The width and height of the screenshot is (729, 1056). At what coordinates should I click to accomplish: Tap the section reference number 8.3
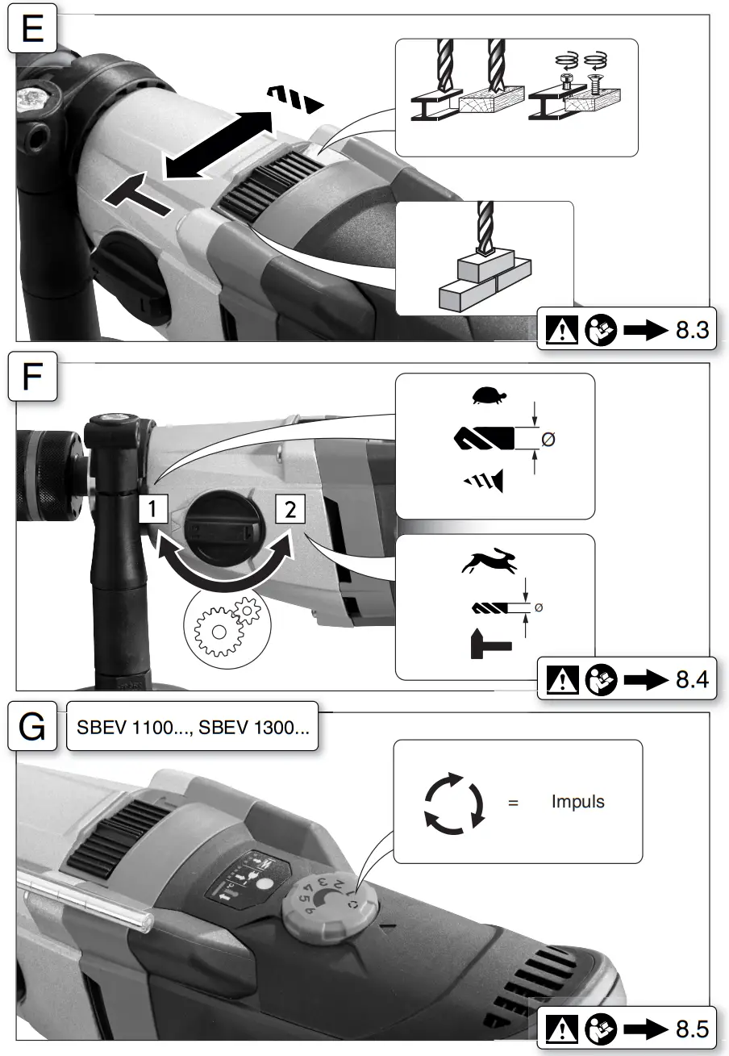[x=691, y=332]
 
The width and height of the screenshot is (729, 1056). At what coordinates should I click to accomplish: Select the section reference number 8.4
[x=691, y=680]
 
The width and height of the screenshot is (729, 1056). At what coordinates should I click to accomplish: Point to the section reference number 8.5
[x=691, y=1029]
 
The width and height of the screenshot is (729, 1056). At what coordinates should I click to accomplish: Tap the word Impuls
[x=577, y=802]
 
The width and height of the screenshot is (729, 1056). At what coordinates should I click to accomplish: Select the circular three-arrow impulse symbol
[x=454, y=801]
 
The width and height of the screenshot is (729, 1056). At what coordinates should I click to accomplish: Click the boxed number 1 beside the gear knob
[x=153, y=509]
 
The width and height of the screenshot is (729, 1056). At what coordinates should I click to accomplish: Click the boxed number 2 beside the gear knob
[x=290, y=509]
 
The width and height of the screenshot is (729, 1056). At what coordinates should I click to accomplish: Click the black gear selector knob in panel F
[x=220, y=529]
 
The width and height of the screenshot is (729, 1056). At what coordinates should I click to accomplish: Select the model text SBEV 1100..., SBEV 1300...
[x=192, y=727]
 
